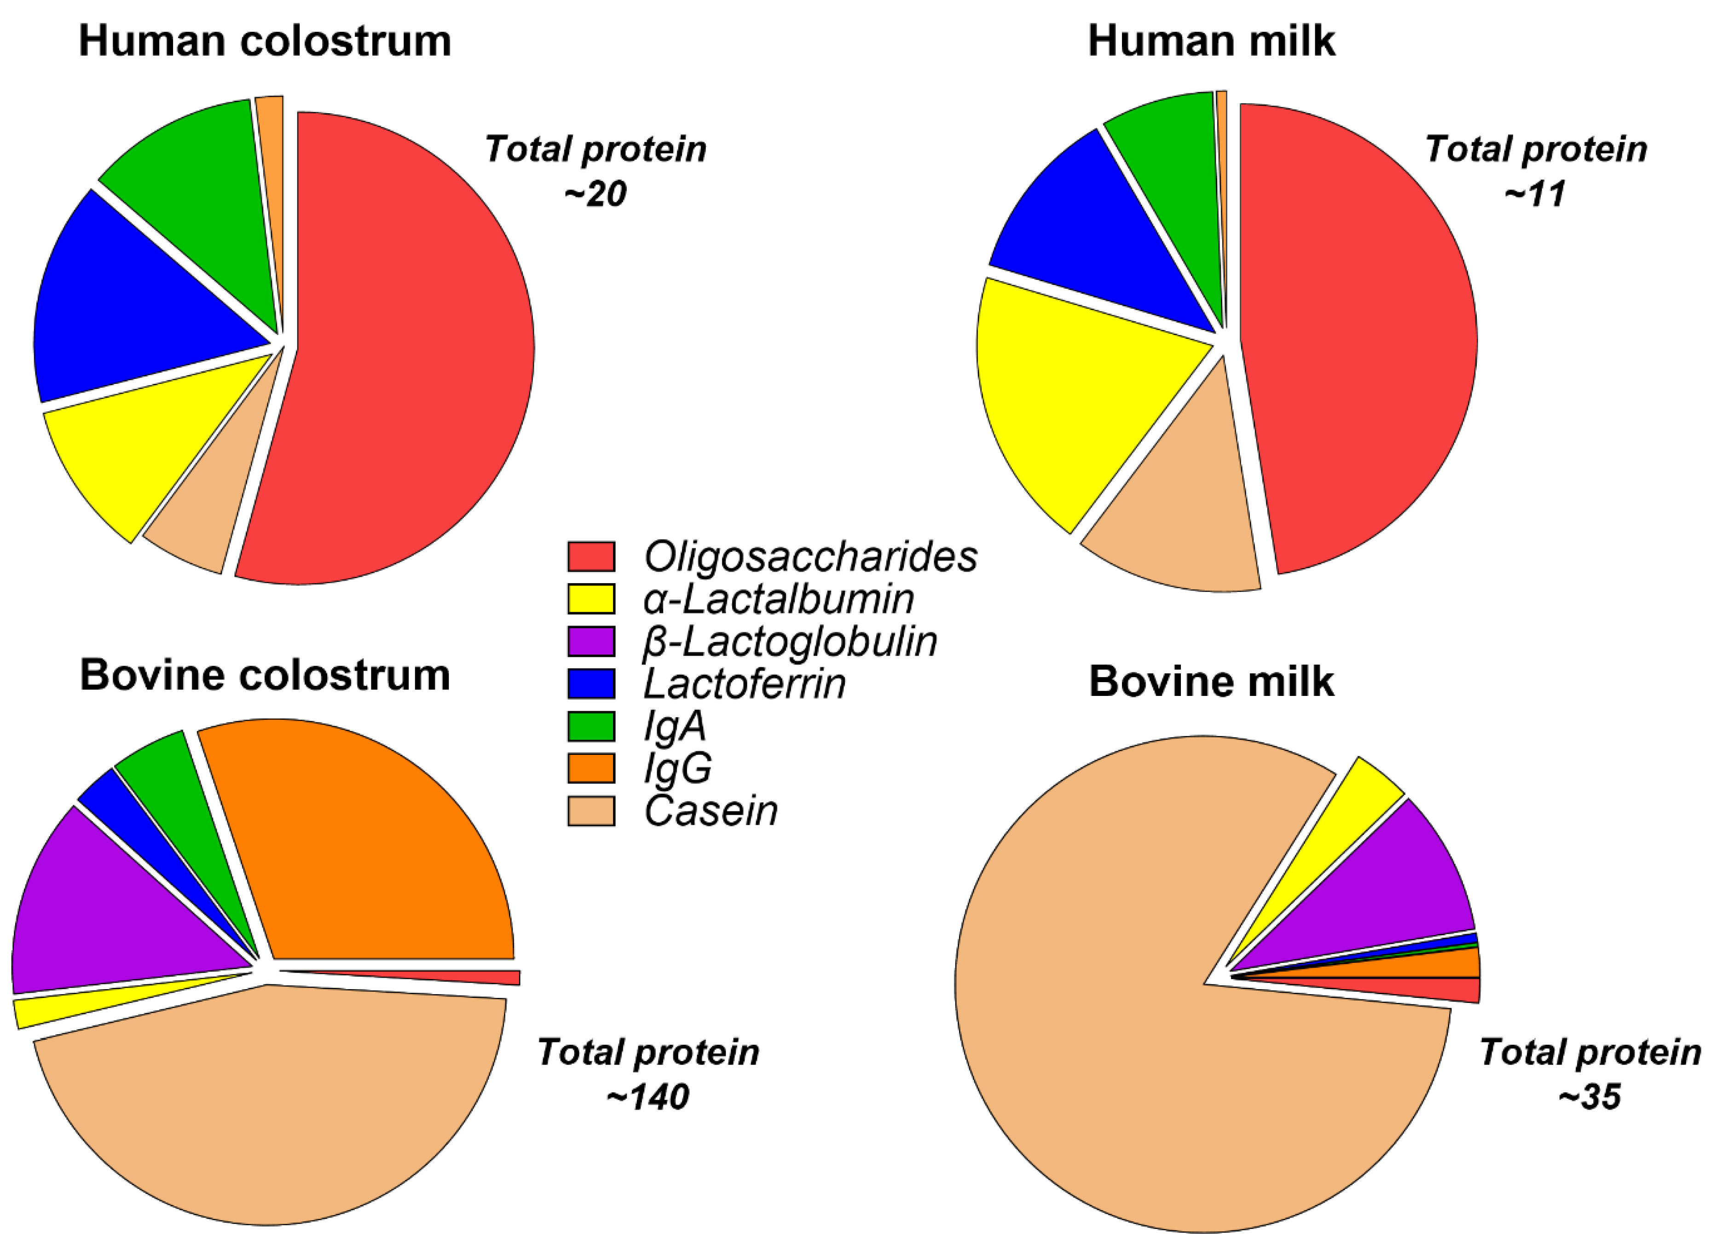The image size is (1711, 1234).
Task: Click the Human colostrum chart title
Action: pyautogui.click(x=265, y=41)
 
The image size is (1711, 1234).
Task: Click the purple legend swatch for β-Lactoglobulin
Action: pyautogui.click(x=591, y=642)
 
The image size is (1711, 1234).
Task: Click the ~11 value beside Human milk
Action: pyautogui.click(x=1534, y=194)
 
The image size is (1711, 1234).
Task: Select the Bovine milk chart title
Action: pyautogui.click(x=1211, y=682)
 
